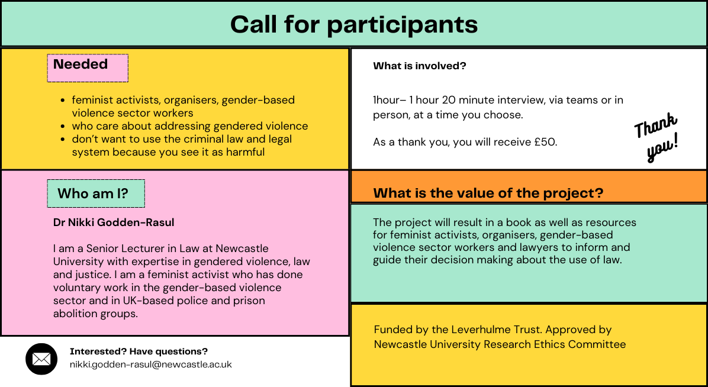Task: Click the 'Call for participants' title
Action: [x=353, y=24]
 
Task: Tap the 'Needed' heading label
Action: [x=81, y=64]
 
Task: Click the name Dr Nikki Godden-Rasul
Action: [x=114, y=222]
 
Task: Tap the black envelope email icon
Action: [x=41, y=359]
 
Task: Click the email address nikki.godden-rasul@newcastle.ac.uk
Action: [x=150, y=365]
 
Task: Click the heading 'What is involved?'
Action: [x=419, y=66]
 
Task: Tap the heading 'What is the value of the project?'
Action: [x=488, y=193]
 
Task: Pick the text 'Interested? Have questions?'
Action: [x=139, y=351]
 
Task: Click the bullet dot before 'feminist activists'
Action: [x=63, y=101]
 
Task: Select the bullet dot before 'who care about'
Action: [x=63, y=126]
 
